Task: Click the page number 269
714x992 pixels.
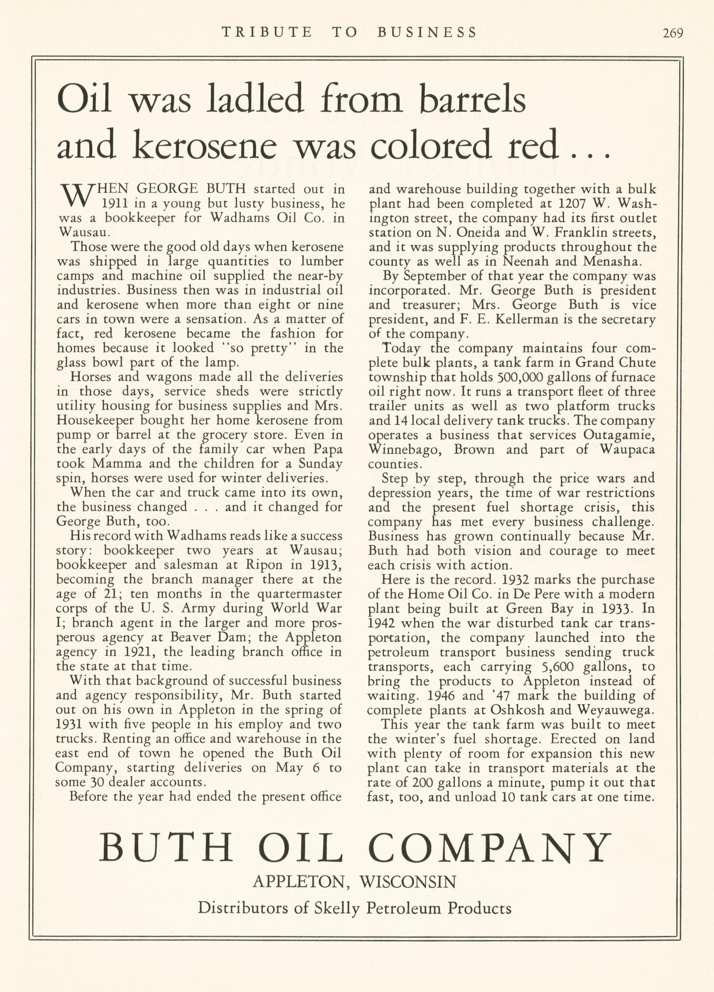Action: (x=673, y=33)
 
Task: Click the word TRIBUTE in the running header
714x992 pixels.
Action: (x=267, y=32)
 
